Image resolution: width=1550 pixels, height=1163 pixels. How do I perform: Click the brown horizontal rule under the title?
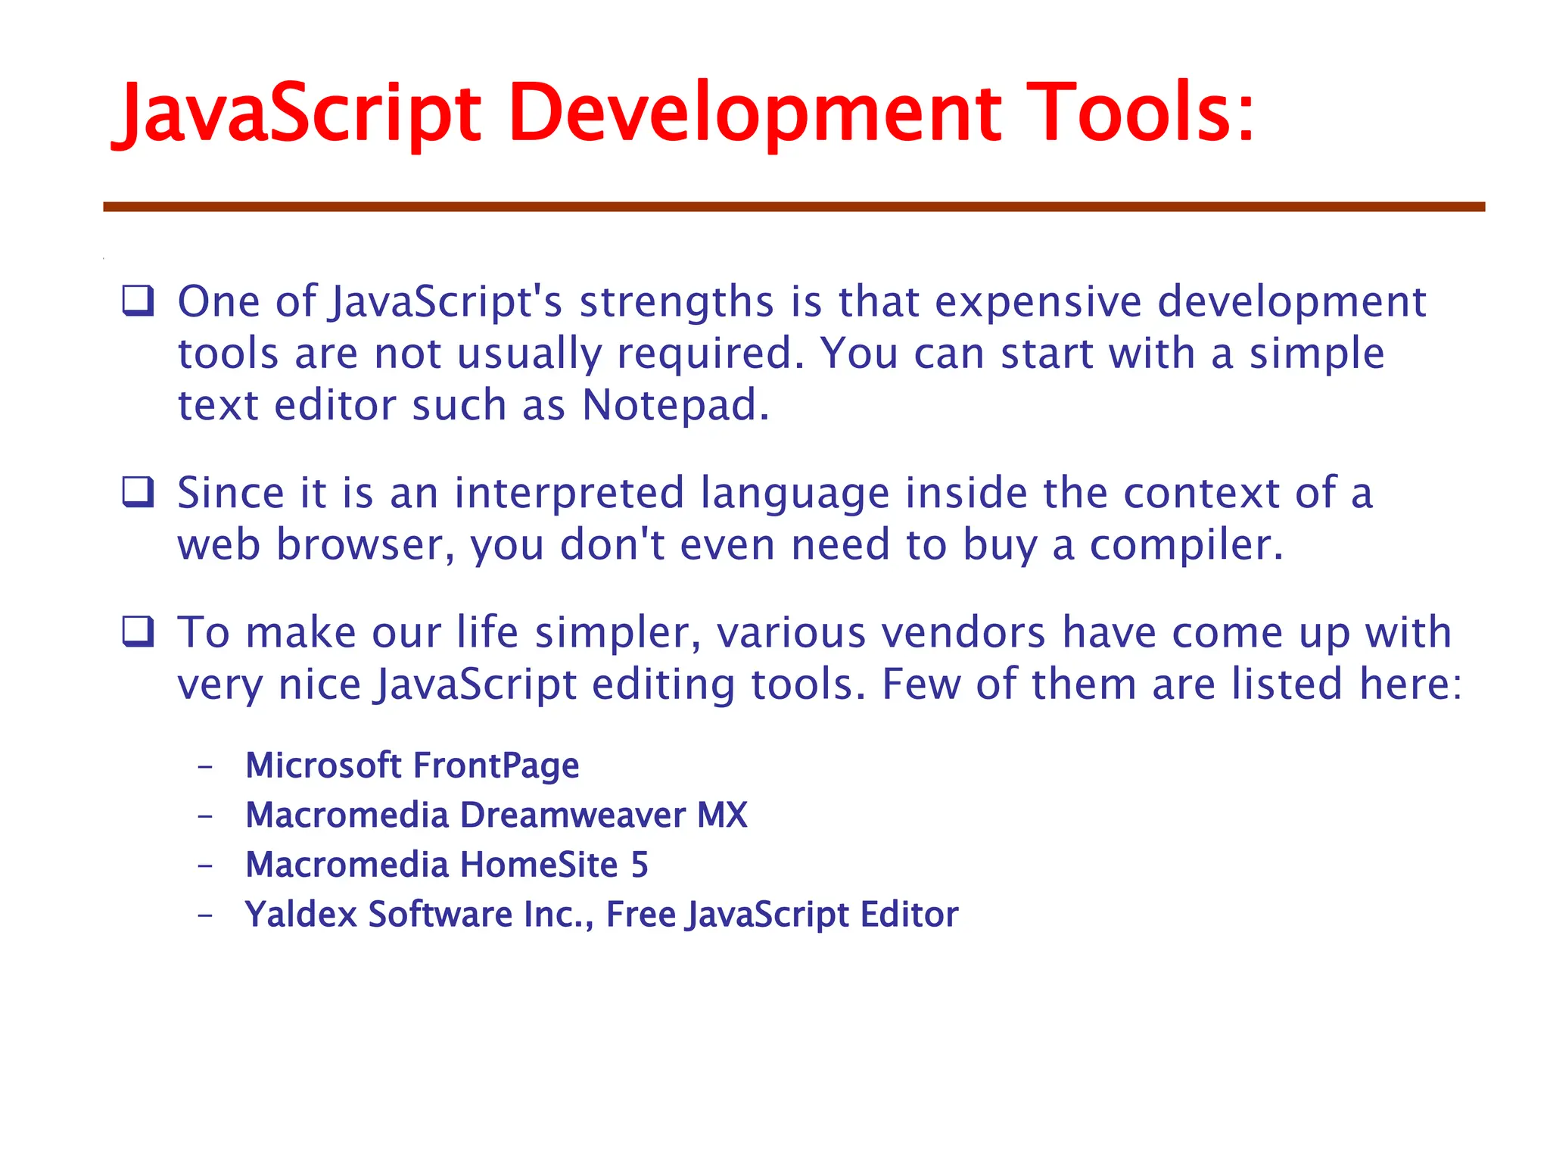(794, 207)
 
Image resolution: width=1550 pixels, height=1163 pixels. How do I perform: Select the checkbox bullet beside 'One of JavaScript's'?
(139, 301)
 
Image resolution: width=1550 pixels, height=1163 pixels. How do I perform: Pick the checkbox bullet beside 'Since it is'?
(139, 492)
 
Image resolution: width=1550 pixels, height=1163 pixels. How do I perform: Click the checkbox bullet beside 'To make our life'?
(139, 631)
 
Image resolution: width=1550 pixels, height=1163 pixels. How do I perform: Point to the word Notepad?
(675, 405)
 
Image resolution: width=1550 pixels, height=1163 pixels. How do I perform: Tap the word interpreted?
(569, 494)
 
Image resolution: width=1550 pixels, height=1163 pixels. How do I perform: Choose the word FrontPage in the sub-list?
(496, 765)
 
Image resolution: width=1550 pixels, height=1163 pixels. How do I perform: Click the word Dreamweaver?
(573, 815)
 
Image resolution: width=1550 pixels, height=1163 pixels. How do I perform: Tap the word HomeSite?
(539, 865)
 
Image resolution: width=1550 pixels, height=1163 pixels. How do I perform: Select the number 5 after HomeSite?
(640, 865)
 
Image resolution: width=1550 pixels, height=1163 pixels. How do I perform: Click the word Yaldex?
(300, 915)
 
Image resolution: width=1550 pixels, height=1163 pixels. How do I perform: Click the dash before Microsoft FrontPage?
(205, 767)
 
